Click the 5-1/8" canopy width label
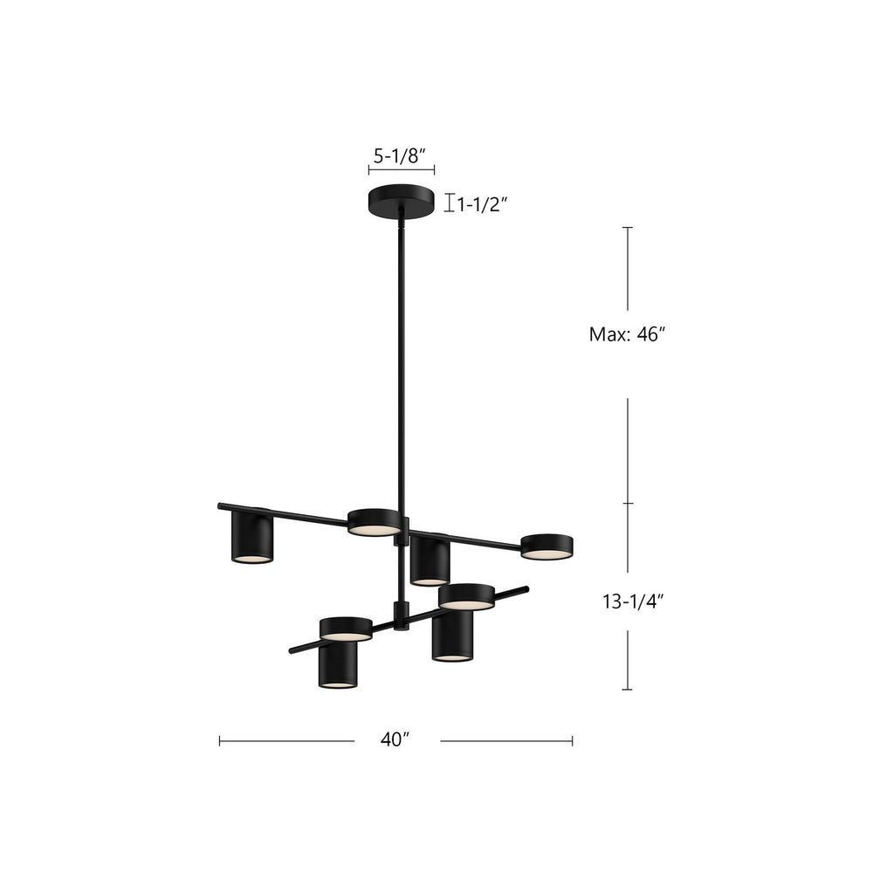pos(401,155)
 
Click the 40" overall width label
pos(395,739)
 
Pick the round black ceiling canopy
pos(401,200)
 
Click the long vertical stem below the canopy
pos(402,367)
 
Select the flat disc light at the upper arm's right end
pos(546,546)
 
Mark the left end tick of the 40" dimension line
pos(219,740)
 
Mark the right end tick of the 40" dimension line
pos(572,740)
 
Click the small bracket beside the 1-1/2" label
pos(449,203)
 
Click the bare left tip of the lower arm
pos(293,650)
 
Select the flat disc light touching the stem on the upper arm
pos(374,522)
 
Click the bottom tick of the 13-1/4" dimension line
pos(627,690)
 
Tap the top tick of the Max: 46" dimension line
pos(627,227)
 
